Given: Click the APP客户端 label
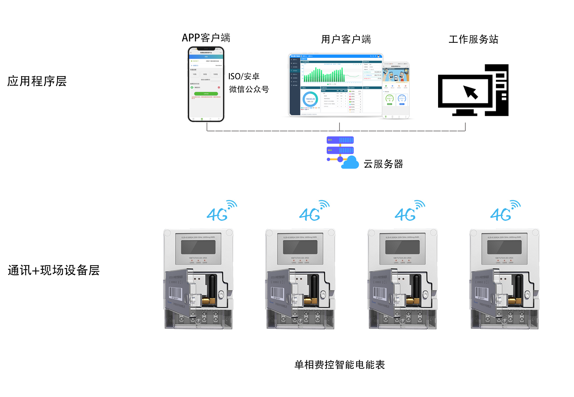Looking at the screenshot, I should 206,38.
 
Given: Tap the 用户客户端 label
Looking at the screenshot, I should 346,39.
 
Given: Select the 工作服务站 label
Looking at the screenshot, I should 473,39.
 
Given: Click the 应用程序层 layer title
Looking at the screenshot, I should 37,81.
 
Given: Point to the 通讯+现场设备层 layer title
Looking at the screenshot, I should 53,270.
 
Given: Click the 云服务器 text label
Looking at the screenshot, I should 383,164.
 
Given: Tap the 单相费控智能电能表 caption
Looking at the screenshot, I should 339,365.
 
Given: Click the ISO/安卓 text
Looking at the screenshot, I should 244,76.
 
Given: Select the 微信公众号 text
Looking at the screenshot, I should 249,89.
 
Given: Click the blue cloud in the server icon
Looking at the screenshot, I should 351,163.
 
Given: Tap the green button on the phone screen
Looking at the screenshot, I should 206,94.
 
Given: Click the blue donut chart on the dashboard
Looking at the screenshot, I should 310,99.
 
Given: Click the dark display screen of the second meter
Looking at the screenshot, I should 300,247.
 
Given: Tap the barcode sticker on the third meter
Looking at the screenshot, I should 379,293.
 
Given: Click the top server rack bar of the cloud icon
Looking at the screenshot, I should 340,140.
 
